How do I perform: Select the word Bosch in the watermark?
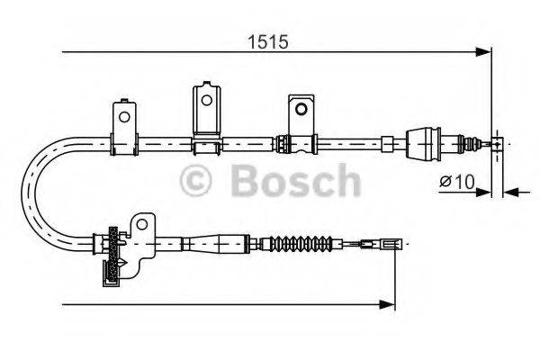tap(296, 181)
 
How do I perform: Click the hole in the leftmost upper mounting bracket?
tap(122, 116)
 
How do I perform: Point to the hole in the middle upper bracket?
tap(208, 99)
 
